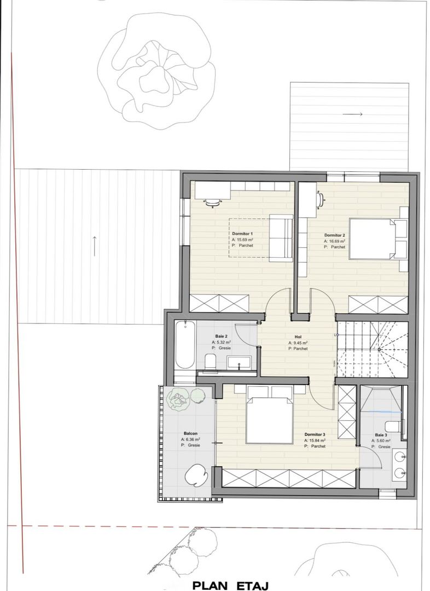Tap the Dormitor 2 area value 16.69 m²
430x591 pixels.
click(x=336, y=241)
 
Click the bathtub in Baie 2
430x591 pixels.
click(x=184, y=345)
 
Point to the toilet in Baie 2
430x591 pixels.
click(x=210, y=361)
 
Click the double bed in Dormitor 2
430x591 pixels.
click(x=372, y=239)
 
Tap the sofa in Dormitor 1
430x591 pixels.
click(x=281, y=236)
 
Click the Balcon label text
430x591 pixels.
click(x=190, y=433)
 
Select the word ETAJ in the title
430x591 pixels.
click(x=252, y=585)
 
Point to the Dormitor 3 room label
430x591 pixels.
click(x=315, y=433)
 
